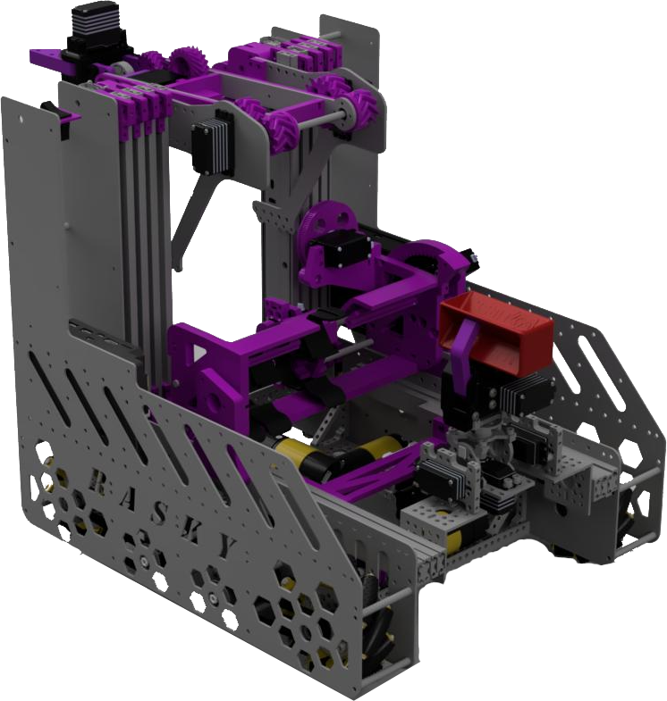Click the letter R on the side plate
(99, 483)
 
